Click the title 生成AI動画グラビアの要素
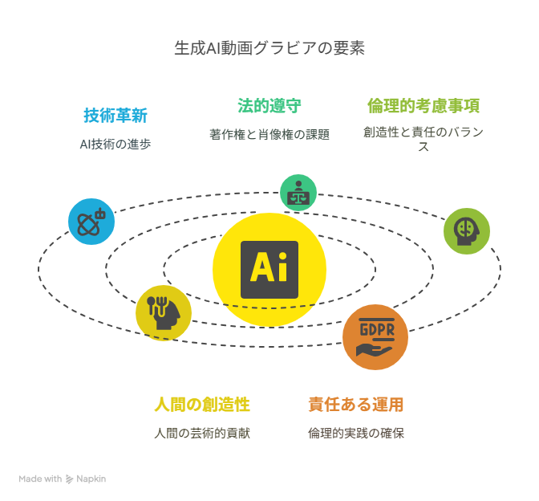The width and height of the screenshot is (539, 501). pos(269,48)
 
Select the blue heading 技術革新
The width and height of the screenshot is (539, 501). pos(115,116)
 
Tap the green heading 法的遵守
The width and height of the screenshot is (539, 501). pos(269,106)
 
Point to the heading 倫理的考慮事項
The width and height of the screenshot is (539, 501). pos(423,106)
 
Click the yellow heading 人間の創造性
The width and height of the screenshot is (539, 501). pos(202,405)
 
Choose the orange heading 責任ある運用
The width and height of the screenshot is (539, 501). pos(356,405)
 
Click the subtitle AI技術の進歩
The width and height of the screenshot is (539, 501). pos(115,145)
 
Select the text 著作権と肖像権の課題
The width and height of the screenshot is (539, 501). pos(269,135)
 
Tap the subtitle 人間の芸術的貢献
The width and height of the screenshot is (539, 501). pos(202,434)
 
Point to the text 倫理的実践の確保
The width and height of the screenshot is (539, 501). pos(356,434)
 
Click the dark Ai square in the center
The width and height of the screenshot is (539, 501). pos(269,270)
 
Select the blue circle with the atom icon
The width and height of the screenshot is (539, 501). pos(91,222)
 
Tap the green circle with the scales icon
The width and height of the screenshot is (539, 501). pos(298,193)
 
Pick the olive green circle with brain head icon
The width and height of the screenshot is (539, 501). pos(467,231)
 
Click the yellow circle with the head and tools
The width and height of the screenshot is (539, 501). pos(164,313)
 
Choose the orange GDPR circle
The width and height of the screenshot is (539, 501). pos(375,337)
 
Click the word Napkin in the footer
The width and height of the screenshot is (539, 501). pos(91,479)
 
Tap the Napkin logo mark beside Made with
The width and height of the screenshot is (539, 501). pos(70,479)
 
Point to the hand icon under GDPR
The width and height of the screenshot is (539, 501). pos(374,350)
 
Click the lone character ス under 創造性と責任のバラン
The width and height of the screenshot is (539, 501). pos(423,147)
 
